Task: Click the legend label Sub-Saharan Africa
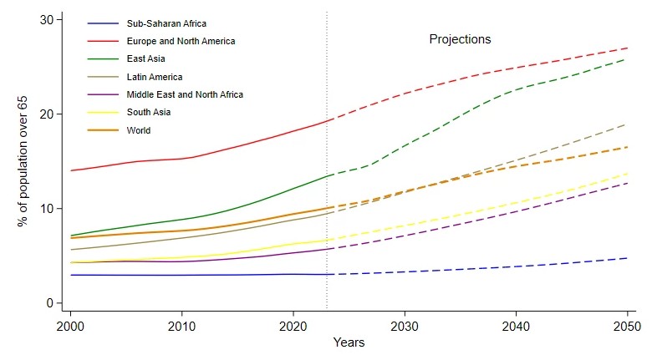pos(166,23)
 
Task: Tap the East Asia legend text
pos(147,58)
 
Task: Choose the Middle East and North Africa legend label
pos(186,94)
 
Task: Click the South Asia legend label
pos(150,113)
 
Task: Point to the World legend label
pos(140,130)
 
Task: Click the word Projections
pos(460,39)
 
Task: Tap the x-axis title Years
pos(348,342)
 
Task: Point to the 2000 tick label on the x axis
pos(72,324)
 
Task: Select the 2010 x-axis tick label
pos(182,324)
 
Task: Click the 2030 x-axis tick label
pos(405,324)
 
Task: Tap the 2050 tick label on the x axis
pos(626,324)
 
